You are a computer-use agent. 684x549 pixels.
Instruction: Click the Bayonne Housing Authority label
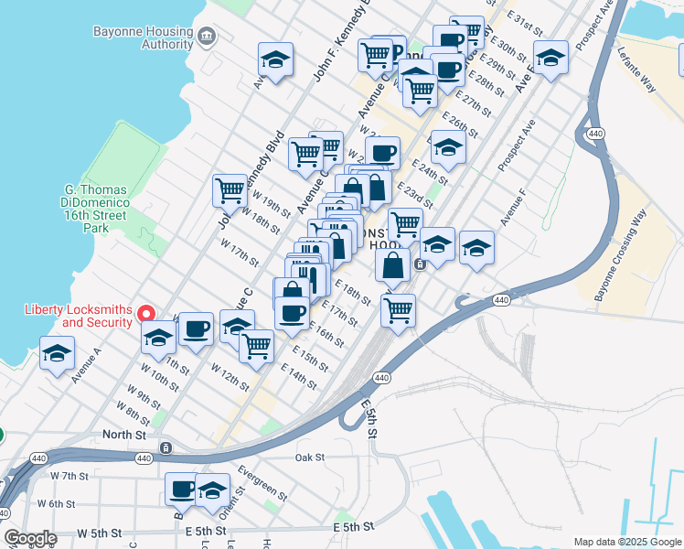(144, 38)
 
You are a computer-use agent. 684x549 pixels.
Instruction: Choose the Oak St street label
(311, 457)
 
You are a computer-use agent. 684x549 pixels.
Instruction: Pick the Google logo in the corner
(30, 538)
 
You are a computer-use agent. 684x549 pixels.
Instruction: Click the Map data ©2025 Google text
(626, 541)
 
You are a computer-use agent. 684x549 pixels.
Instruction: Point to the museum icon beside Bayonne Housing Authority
(208, 38)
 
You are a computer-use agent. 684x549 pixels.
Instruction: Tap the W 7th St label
(69, 477)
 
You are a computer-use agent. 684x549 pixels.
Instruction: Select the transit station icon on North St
(166, 447)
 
